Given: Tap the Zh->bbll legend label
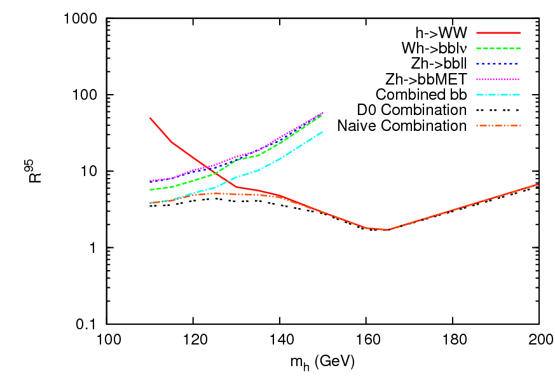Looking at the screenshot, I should coord(435,64).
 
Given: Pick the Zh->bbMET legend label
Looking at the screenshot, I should coord(426,79).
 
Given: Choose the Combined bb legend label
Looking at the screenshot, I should coord(421,95).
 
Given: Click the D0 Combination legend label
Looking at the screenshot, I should coord(412,110).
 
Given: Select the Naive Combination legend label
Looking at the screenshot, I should coord(402,126).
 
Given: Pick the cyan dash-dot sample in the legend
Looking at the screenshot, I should coord(502,95).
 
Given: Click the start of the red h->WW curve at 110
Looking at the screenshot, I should coord(150,118).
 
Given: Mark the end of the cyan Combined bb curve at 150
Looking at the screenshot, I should coord(323,132).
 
